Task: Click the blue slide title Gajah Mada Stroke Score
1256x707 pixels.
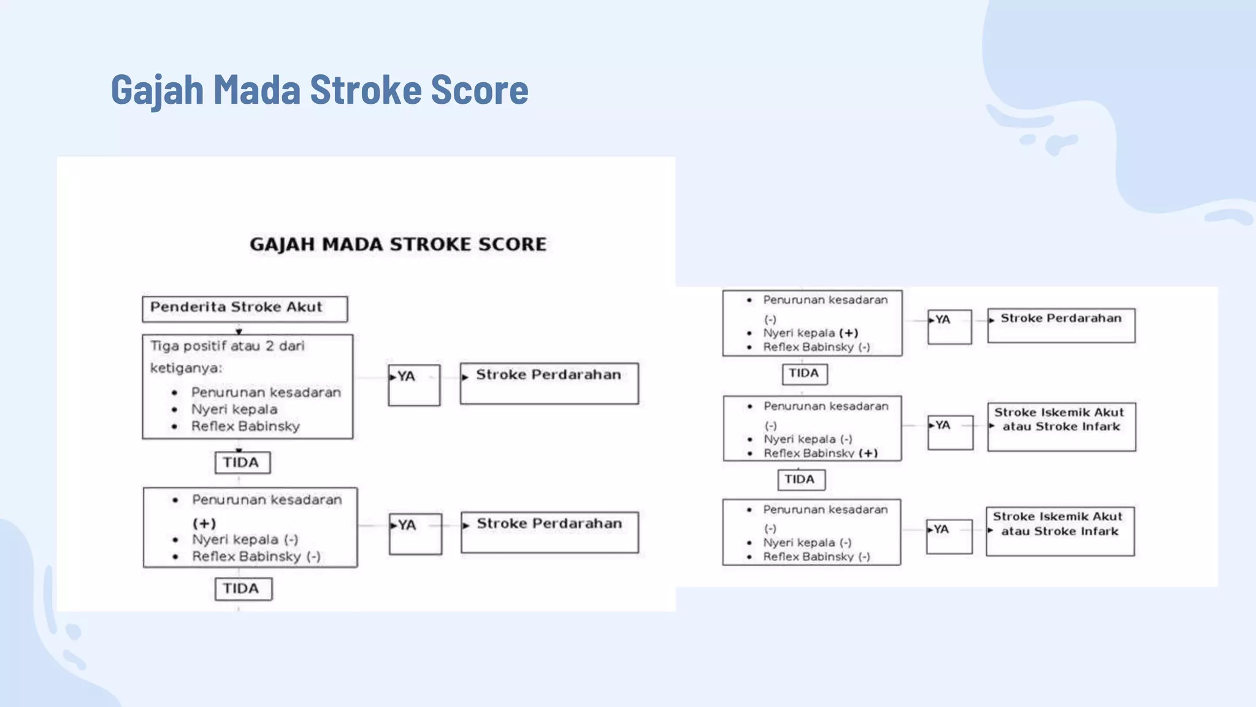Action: point(319,90)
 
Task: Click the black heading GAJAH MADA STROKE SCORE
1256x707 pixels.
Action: point(398,244)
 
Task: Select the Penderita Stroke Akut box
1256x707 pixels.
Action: point(245,309)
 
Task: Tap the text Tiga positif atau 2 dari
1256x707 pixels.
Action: point(228,346)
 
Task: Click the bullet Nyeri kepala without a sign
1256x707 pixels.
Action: point(234,409)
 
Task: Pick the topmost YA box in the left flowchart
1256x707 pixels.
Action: point(414,385)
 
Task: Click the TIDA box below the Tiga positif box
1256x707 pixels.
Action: point(242,463)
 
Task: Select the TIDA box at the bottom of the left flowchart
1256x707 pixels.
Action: point(243,589)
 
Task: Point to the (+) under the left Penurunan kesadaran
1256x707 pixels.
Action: point(204,523)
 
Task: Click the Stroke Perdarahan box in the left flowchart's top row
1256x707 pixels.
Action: point(549,383)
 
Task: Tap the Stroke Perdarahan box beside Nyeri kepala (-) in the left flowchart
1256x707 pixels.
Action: point(549,531)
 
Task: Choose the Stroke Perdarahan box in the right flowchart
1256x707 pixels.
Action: point(1061,325)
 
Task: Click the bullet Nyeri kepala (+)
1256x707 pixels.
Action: point(810,333)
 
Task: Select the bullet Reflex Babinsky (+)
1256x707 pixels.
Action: point(821,454)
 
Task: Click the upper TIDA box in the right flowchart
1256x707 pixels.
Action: point(804,373)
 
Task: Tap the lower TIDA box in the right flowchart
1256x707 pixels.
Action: point(801,479)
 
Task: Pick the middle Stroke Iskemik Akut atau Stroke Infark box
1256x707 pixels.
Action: point(1061,427)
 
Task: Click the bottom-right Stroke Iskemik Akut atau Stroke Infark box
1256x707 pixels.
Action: point(1060,531)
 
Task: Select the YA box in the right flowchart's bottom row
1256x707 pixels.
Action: point(949,536)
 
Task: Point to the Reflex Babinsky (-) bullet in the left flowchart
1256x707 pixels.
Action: point(256,557)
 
